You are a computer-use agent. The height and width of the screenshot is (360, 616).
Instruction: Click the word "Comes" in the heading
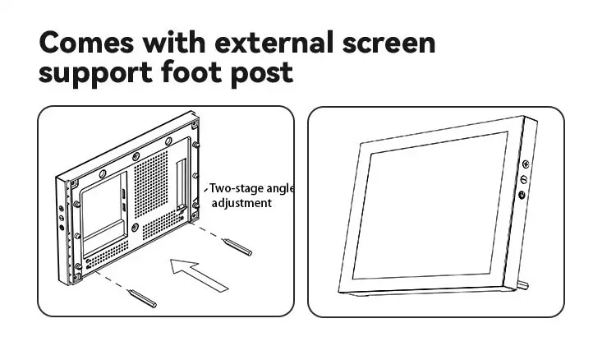(x=86, y=42)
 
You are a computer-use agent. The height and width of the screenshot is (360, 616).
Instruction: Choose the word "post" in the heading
(x=262, y=73)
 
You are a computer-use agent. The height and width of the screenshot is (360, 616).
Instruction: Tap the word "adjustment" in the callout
(x=241, y=203)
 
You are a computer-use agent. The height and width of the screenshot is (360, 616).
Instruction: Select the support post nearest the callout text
(x=237, y=247)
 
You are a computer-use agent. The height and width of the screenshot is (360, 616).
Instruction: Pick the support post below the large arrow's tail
(x=142, y=298)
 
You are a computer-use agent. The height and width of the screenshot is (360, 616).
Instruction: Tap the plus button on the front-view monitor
(x=526, y=164)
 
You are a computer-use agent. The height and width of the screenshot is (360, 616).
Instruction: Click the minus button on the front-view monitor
(x=524, y=180)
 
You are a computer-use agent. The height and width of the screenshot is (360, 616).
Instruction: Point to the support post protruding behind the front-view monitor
(x=523, y=285)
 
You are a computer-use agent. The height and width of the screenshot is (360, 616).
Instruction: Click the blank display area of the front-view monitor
(x=430, y=206)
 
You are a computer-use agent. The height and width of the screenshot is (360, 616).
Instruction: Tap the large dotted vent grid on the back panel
(x=151, y=183)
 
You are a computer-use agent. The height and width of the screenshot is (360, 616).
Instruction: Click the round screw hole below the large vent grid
(x=136, y=227)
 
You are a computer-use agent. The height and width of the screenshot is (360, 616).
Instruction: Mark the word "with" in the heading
(x=173, y=42)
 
